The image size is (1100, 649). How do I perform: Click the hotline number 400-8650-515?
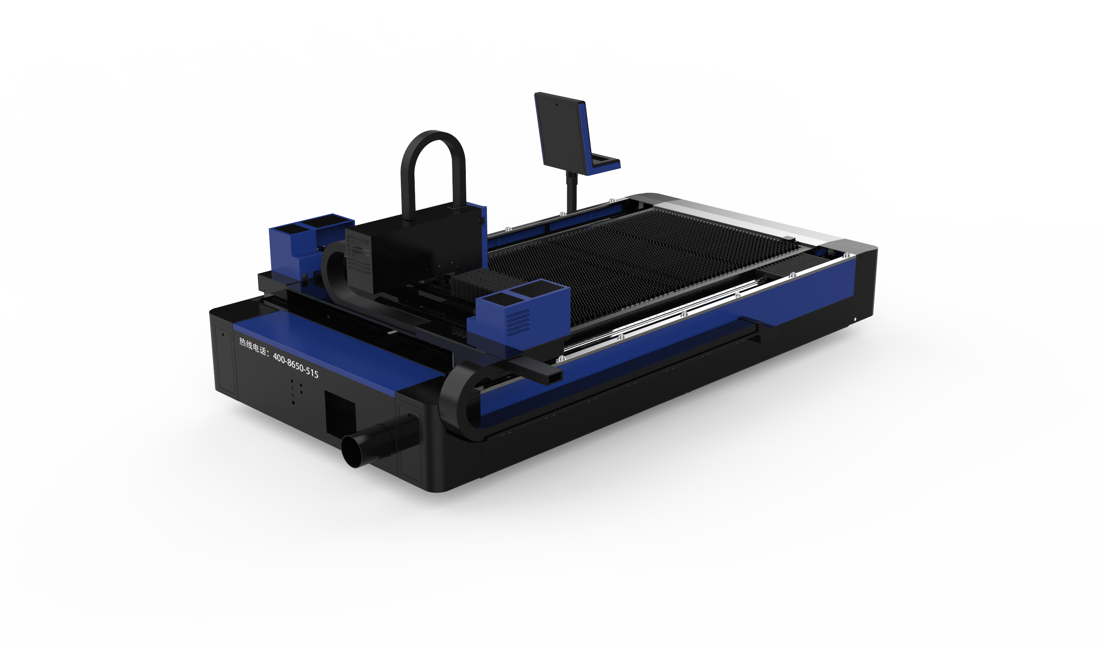tap(296, 365)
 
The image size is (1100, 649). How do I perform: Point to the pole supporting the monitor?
tap(571, 192)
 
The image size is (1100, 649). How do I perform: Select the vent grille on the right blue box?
tap(518, 322)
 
